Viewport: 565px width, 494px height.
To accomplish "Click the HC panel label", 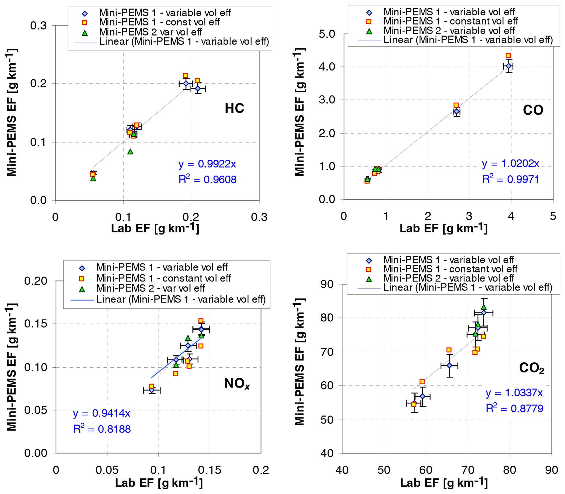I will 234,108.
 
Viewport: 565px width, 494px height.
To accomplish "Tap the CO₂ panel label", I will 531,368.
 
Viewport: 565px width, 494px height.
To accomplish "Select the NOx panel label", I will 237,383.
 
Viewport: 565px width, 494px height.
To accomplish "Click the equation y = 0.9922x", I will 207,164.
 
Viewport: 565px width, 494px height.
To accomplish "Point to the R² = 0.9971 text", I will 510,179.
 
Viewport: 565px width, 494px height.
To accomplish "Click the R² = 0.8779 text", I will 514,408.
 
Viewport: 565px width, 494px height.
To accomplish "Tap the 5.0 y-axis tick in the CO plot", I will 327,34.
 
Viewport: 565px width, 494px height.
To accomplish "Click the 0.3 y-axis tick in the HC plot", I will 38,26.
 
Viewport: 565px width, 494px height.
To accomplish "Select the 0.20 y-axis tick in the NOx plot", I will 36,281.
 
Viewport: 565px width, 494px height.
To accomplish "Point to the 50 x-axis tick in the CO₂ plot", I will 384,470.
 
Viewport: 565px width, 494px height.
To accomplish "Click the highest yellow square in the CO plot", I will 508,56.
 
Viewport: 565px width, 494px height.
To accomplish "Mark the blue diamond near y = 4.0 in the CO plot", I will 508,66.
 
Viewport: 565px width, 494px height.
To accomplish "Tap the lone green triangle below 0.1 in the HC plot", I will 130,152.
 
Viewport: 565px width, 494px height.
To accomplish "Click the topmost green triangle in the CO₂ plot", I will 484,307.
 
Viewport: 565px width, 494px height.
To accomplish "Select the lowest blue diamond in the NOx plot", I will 151,390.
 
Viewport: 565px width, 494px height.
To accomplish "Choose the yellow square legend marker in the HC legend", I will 84,22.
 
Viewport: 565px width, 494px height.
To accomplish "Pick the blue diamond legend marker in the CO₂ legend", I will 368,260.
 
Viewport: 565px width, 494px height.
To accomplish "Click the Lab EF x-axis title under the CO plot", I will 443,228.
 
